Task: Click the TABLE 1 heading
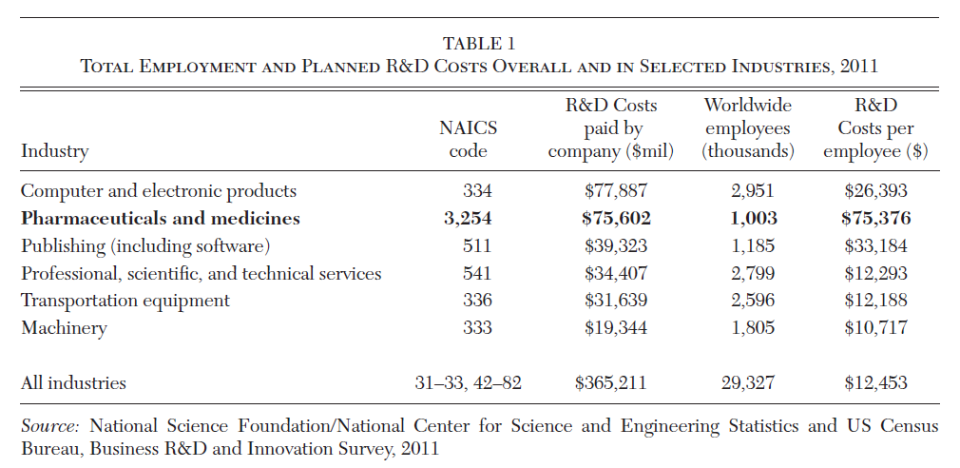[479, 43]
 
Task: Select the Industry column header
[54, 151]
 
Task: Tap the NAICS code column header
[468, 139]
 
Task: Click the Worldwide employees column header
[747, 127]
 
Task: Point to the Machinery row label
[64, 328]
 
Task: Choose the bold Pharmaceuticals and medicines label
[160, 219]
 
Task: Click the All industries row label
[73, 383]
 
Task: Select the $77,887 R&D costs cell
[615, 191]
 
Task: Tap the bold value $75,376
[875, 219]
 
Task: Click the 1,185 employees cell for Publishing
[753, 246]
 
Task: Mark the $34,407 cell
[615, 274]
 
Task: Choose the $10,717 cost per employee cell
[875, 328]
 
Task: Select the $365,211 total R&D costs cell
[610, 383]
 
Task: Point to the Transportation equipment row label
[125, 301]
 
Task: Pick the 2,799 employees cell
[753, 274]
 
